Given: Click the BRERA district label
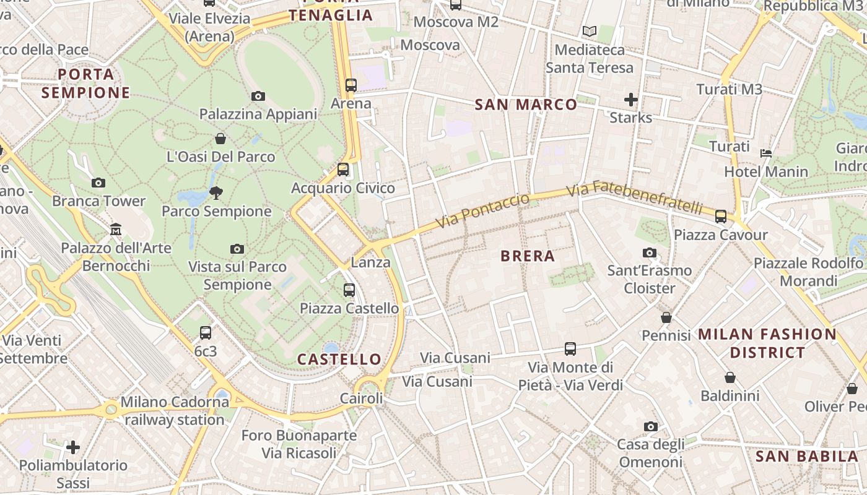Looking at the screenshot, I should tap(527, 256).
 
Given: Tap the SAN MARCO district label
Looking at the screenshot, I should tap(526, 105).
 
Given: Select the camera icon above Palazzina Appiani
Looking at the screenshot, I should tap(258, 96).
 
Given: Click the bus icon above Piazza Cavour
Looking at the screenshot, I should tap(721, 217).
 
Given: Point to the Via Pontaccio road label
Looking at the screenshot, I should tap(483, 210).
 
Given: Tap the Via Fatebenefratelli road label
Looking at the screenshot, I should tap(635, 197).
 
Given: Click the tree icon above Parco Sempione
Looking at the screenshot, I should tap(216, 193).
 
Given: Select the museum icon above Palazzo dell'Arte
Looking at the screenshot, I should tap(115, 230).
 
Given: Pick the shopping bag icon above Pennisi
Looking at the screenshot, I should tap(666, 317).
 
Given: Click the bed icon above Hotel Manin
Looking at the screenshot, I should tap(766, 153).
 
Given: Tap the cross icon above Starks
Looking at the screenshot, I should tap(630, 99).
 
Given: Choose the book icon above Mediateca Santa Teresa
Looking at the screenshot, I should tap(590, 31).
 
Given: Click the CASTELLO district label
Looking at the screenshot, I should tap(339, 359).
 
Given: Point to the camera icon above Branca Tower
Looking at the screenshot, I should tap(98, 183).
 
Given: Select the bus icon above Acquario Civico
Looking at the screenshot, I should tap(343, 170).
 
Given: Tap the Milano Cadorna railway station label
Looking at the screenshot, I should tap(175, 411).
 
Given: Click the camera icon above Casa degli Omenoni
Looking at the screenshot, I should tap(650, 426).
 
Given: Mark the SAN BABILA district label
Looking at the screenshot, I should tap(807, 457).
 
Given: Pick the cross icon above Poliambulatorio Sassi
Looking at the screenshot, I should tap(73, 447).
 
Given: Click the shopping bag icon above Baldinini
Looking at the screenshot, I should tap(730, 377).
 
